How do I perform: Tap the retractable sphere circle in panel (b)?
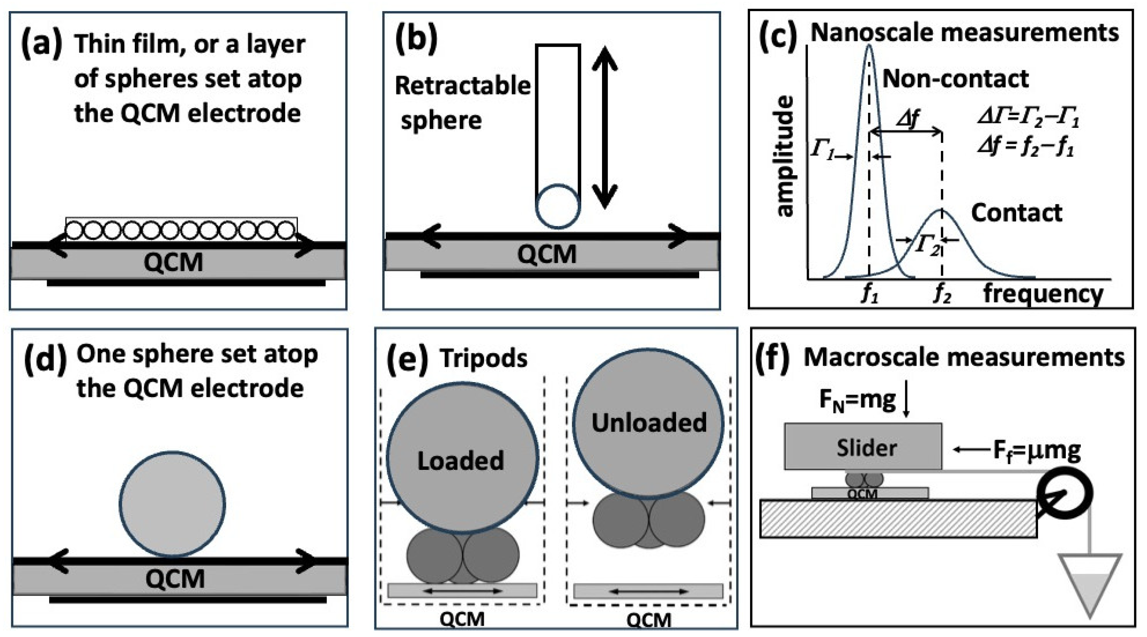(x=557, y=206)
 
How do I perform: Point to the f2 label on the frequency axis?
(x=942, y=294)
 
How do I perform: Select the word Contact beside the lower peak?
(x=1016, y=213)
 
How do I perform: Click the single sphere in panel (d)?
(x=172, y=504)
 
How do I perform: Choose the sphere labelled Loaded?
(x=462, y=458)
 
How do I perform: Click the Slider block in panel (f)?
(x=863, y=447)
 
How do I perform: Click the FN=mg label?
(x=858, y=401)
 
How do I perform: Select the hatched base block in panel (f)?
(x=898, y=519)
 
